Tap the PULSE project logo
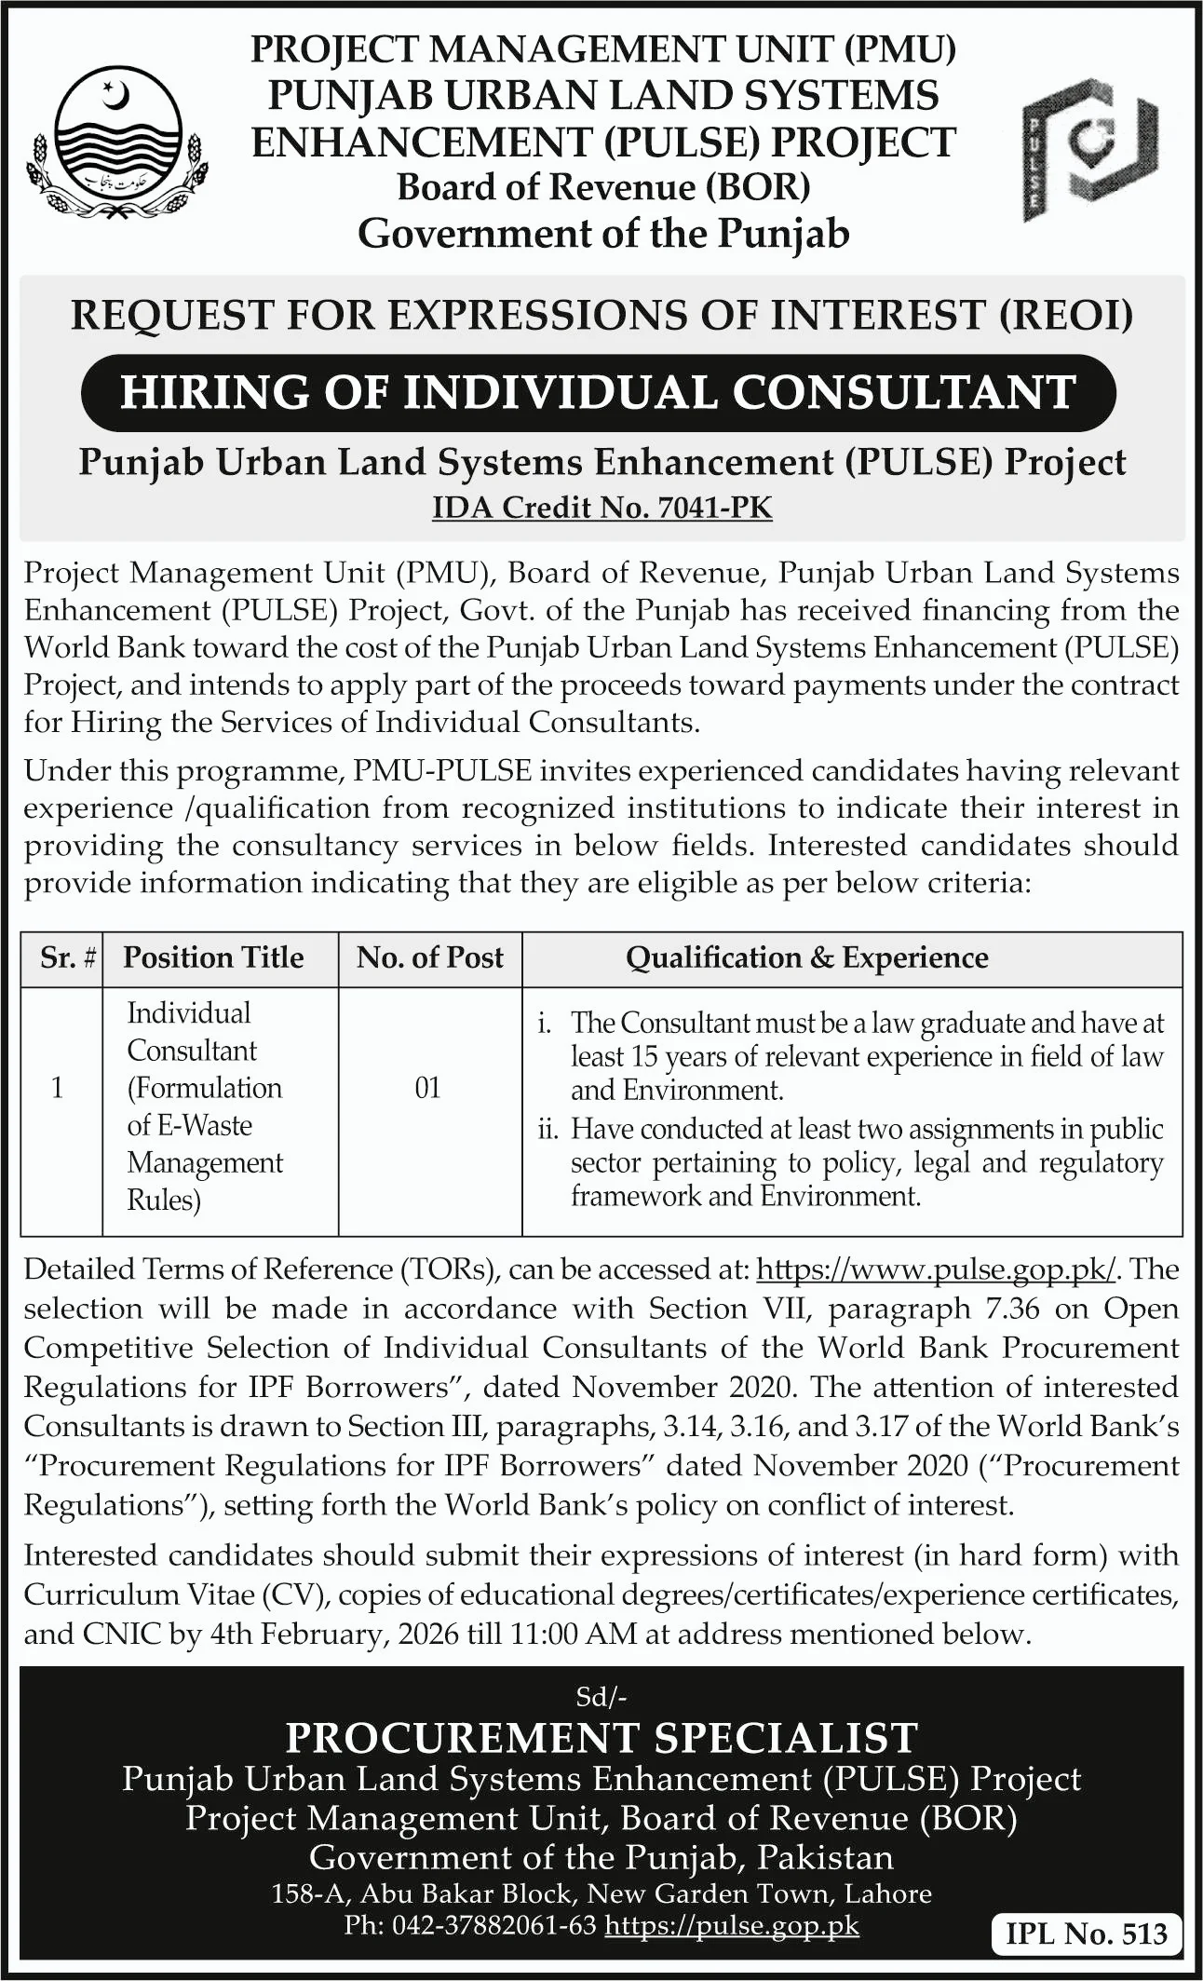pyautogui.click(x=1089, y=149)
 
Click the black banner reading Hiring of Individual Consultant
pyautogui.click(x=598, y=392)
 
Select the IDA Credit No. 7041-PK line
pyautogui.click(x=601, y=508)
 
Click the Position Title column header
pyautogui.click(x=213, y=957)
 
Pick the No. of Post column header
pyautogui.click(x=429, y=957)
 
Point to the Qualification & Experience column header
pyautogui.click(x=806, y=957)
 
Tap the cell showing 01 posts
pyautogui.click(x=427, y=1088)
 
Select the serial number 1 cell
pyautogui.click(x=58, y=1088)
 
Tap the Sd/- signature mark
pyautogui.click(x=601, y=1697)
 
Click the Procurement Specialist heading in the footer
pyautogui.click(x=601, y=1737)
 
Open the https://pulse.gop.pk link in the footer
pyautogui.click(x=731, y=1925)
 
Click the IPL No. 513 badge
pyautogui.click(x=1086, y=1934)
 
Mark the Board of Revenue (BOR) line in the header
pyautogui.click(x=603, y=187)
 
